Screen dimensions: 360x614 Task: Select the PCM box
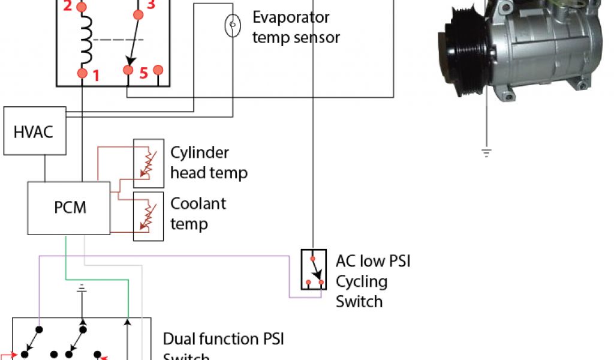point(70,207)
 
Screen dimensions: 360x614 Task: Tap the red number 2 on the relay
point(67,7)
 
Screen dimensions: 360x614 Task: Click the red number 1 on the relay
point(96,76)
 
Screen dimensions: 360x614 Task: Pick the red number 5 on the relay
point(144,74)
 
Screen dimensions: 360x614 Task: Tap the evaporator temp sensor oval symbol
point(232,26)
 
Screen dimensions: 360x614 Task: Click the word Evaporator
point(291,17)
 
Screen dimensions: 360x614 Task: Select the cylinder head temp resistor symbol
point(148,164)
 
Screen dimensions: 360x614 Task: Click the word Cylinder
point(200,152)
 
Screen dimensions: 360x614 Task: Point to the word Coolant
point(198,203)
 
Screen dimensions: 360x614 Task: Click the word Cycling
point(362,281)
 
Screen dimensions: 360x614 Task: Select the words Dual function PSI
point(223,339)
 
